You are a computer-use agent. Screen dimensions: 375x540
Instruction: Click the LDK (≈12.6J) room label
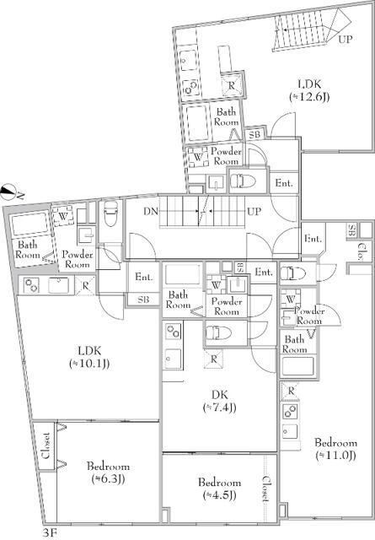point(309,90)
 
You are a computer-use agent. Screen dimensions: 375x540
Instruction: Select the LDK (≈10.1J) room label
point(89,357)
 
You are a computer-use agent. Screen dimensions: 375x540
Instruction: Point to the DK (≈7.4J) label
point(219,401)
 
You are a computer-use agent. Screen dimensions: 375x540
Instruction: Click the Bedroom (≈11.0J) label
point(335,449)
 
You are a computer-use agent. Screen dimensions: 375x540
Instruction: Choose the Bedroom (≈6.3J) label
point(108,472)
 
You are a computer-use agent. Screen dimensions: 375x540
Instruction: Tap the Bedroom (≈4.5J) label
point(219,489)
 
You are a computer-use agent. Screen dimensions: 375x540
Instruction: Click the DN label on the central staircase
point(150,211)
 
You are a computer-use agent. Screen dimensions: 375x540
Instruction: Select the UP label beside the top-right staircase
point(345,40)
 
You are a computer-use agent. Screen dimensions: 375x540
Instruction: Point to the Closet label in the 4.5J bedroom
point(266,489)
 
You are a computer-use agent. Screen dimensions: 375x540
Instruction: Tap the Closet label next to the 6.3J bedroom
point(46,445)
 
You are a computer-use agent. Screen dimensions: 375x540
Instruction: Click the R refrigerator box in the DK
point(214,359)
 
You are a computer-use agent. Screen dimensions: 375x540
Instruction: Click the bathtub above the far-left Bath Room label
point(29,224)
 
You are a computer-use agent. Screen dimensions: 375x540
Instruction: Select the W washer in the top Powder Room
point(198,157)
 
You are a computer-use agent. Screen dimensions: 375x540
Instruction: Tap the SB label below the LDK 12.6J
point(254,134)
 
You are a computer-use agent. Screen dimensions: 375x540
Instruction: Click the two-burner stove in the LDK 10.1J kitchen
point(32,285)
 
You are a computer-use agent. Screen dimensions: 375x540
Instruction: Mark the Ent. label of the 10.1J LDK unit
point(144,277)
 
